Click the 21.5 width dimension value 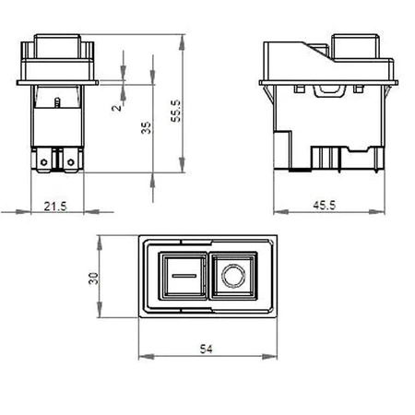point(56,207)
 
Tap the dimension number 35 point(146,128)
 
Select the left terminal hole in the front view point(44,162)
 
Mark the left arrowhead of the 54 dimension point(142,356)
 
